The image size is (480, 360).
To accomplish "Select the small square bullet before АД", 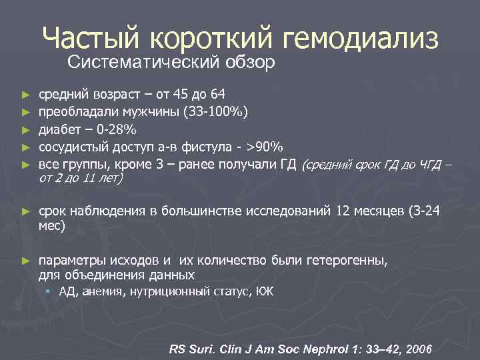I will tap(49, 291).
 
